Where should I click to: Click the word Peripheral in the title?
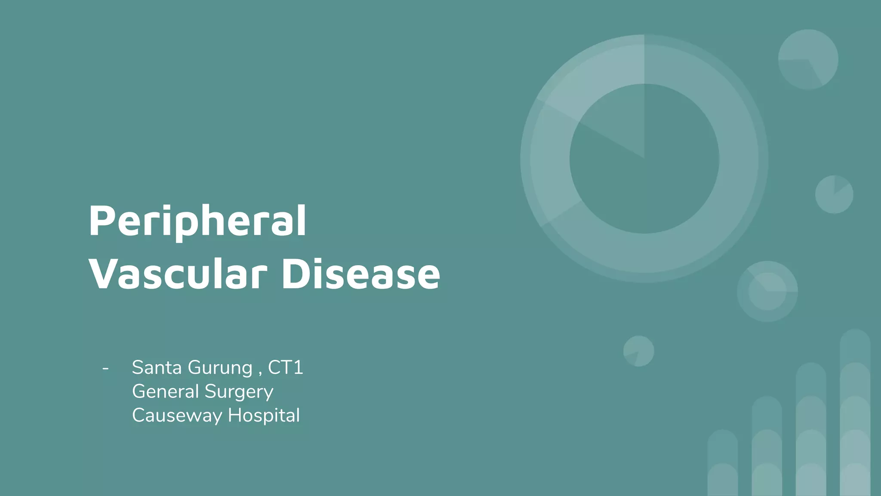pos(197,222)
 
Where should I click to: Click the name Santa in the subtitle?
pos(157,367)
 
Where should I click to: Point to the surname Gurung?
pos(220,368)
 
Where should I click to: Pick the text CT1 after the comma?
pos(286,367)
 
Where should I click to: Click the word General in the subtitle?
pos(165,391)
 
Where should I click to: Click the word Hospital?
pos(264,416)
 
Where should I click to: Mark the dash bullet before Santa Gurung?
pos(105,369)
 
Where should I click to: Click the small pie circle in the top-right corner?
pos(808,59)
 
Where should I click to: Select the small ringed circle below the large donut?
pos(767,291)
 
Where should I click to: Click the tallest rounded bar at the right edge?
pos(855,413)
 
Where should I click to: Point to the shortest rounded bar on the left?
pos(723,463)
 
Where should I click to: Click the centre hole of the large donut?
pos(644,158)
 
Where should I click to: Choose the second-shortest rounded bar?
pos(767,446)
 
